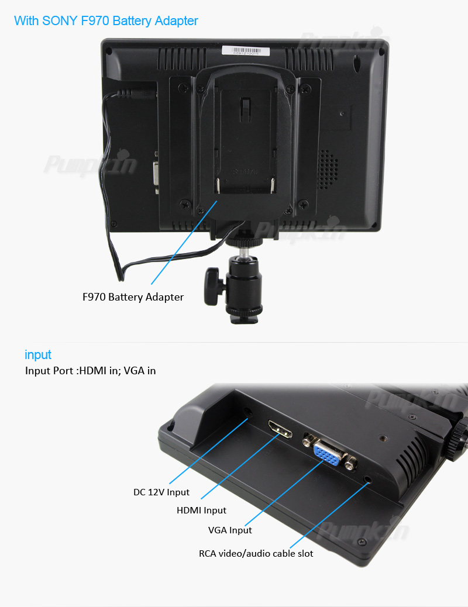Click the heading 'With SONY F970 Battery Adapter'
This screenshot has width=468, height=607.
106,20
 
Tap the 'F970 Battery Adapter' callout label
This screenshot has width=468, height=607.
133,297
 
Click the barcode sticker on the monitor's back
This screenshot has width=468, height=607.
246,50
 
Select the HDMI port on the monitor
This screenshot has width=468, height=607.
280,429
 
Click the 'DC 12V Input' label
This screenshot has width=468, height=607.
161,492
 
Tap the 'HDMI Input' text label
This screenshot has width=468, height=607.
201,511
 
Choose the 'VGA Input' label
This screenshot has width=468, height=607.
230,530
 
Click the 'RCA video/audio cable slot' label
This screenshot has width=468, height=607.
256,554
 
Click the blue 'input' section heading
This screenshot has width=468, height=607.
38,354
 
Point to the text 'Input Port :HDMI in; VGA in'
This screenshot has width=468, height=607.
90,371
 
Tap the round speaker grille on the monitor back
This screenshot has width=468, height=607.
328,170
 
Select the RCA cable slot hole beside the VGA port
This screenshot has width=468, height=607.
367,480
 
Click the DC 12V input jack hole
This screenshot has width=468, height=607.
247,412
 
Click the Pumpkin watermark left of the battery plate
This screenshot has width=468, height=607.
90,164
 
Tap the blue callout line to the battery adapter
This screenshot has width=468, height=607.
184,242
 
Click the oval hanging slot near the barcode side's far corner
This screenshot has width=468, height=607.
357,61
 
